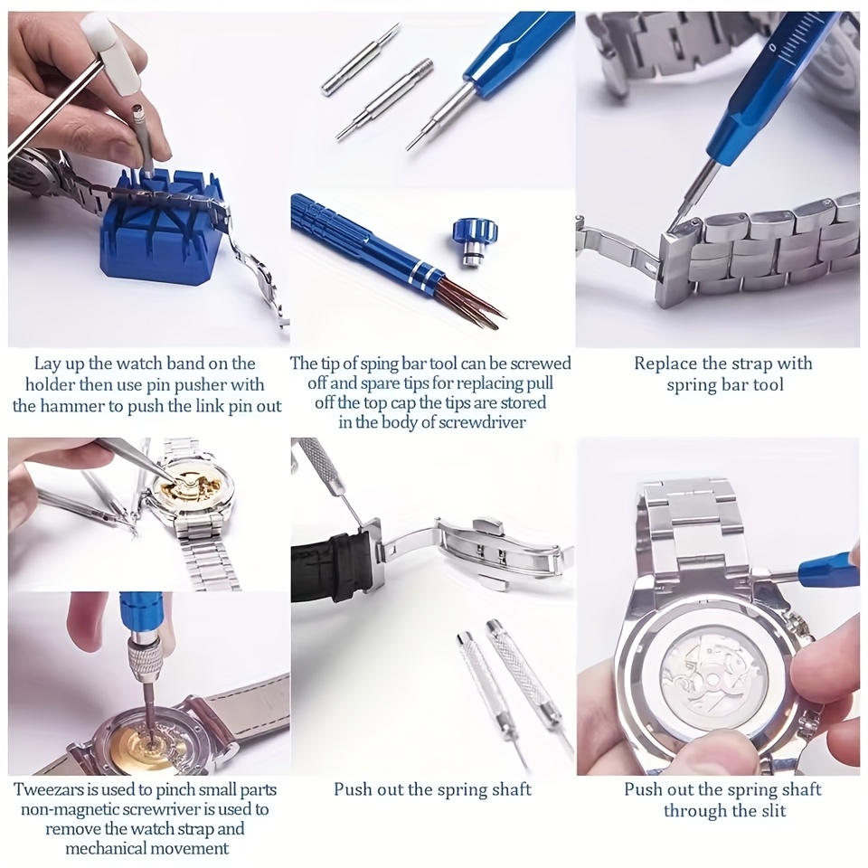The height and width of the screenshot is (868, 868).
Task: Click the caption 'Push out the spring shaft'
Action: coord(432,789)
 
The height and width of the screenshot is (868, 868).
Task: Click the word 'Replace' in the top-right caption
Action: coord(665,363)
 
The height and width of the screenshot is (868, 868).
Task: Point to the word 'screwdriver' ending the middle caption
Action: coord(480,422)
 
